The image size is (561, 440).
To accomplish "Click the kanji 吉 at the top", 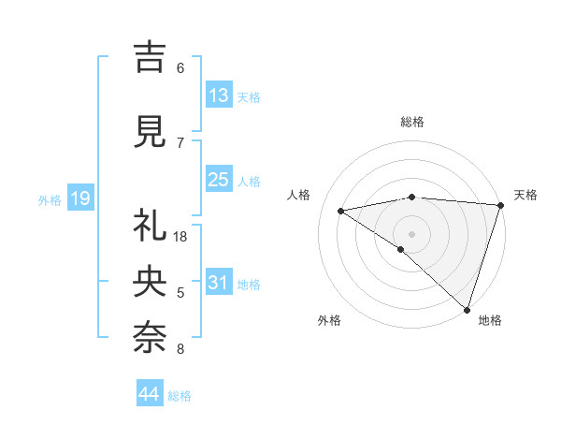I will pos(150,58).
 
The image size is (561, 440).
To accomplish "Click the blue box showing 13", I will pos(219,95).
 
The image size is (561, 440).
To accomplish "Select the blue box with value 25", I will pos(219,181).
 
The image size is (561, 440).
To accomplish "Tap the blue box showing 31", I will pos(219,283).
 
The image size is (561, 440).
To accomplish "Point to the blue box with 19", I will pos(79,198).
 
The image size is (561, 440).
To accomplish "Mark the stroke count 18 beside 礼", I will pos(181,237).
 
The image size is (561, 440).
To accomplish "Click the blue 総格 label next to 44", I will pos(180,396).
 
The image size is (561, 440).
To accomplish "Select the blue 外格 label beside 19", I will pos(50,199).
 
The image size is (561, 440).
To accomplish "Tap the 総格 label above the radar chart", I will pos(411,122).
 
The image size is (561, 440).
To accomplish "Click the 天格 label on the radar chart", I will pos(525,195).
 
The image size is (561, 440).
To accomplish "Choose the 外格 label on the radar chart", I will pos(329,320).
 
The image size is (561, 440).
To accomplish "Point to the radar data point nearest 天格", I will pos(500,204).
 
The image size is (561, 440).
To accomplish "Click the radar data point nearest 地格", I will pos(467,310).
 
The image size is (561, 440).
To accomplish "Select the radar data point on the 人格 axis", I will pos(341,210).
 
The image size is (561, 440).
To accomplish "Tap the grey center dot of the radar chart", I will pos(411,233).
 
